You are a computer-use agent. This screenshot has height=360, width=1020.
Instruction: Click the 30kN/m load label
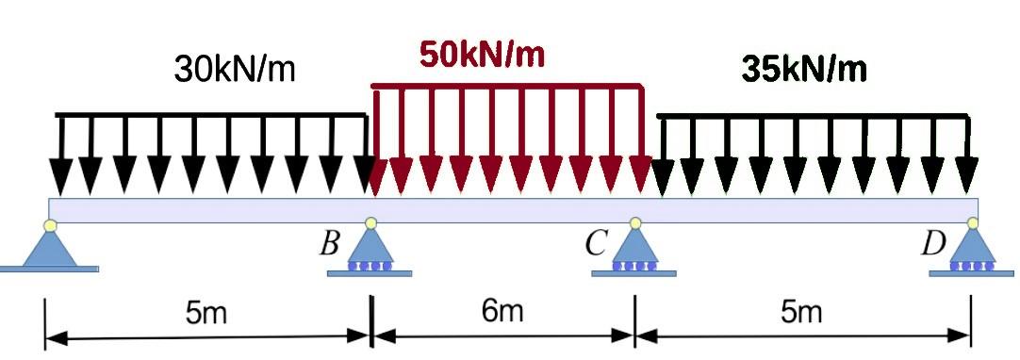coord(235,69)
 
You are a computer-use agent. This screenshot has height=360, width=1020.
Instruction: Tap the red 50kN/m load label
coord(482,55)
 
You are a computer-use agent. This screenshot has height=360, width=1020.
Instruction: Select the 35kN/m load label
coord(804,68)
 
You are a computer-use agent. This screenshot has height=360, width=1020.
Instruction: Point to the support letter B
coord(329,244)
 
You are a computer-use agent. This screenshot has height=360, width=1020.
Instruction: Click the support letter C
coord(594,244)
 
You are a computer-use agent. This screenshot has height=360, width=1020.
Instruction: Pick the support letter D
coord(932,244)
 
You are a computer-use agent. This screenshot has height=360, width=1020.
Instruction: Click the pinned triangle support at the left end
coord(49,247)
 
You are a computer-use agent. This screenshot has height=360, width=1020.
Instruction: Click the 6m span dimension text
coord(502,310)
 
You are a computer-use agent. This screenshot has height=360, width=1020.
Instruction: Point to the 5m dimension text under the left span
coord(206,312)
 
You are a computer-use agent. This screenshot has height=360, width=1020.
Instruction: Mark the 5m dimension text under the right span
coord(801,311)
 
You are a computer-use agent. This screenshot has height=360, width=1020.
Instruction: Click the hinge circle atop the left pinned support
coord(50,224)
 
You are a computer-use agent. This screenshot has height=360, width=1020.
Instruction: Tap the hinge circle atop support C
coord(635,223)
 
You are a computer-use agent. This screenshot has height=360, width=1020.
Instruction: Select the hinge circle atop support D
coord(973,223)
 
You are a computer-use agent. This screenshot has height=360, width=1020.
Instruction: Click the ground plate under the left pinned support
coord(49,269)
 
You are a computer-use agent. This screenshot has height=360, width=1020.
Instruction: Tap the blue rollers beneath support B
coord(370,267)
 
